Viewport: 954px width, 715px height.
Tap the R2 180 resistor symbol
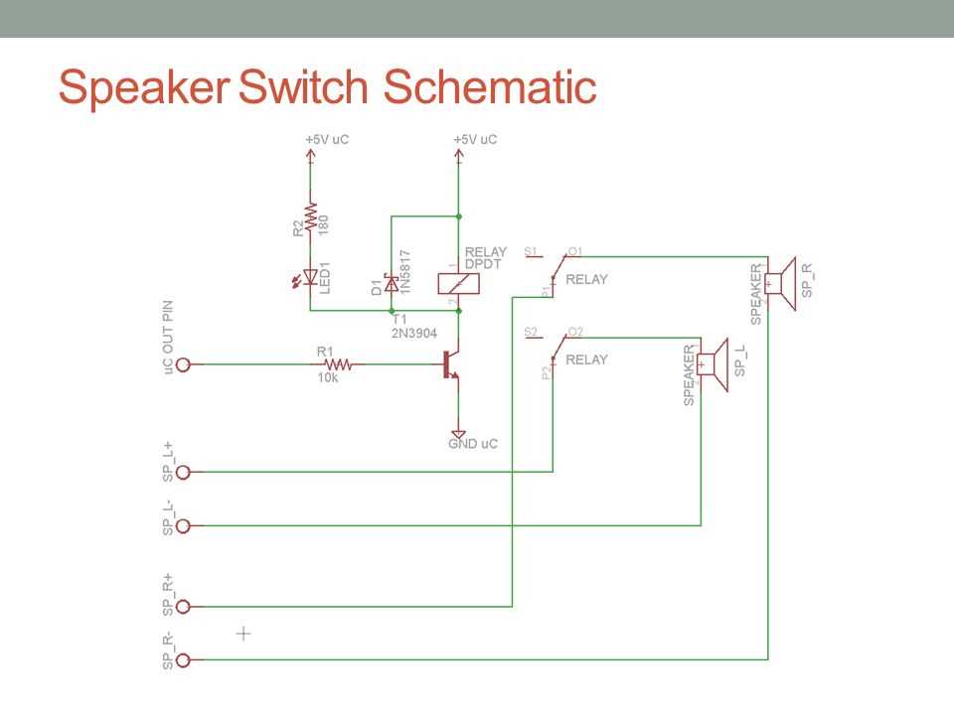pos(310,217)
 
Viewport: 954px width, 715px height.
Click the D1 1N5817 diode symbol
pos(391,284)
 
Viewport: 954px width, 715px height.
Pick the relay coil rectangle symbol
pos(459,283)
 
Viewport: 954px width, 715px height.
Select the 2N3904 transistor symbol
pos(452,364)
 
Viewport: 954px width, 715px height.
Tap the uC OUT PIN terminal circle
pos(183,364)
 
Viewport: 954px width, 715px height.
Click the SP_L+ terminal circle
pos(183,472)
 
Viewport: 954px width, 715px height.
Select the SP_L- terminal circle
pos(183,524)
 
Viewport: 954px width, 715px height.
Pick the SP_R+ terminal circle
pos(183,606)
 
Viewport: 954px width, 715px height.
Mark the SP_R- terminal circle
pos(183,658)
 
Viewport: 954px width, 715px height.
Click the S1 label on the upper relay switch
pos(530,250)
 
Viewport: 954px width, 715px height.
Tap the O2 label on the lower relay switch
pos(574,331)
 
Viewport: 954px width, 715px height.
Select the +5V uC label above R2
pos(327,140)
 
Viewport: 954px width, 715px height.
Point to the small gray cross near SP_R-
pos(243,633)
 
